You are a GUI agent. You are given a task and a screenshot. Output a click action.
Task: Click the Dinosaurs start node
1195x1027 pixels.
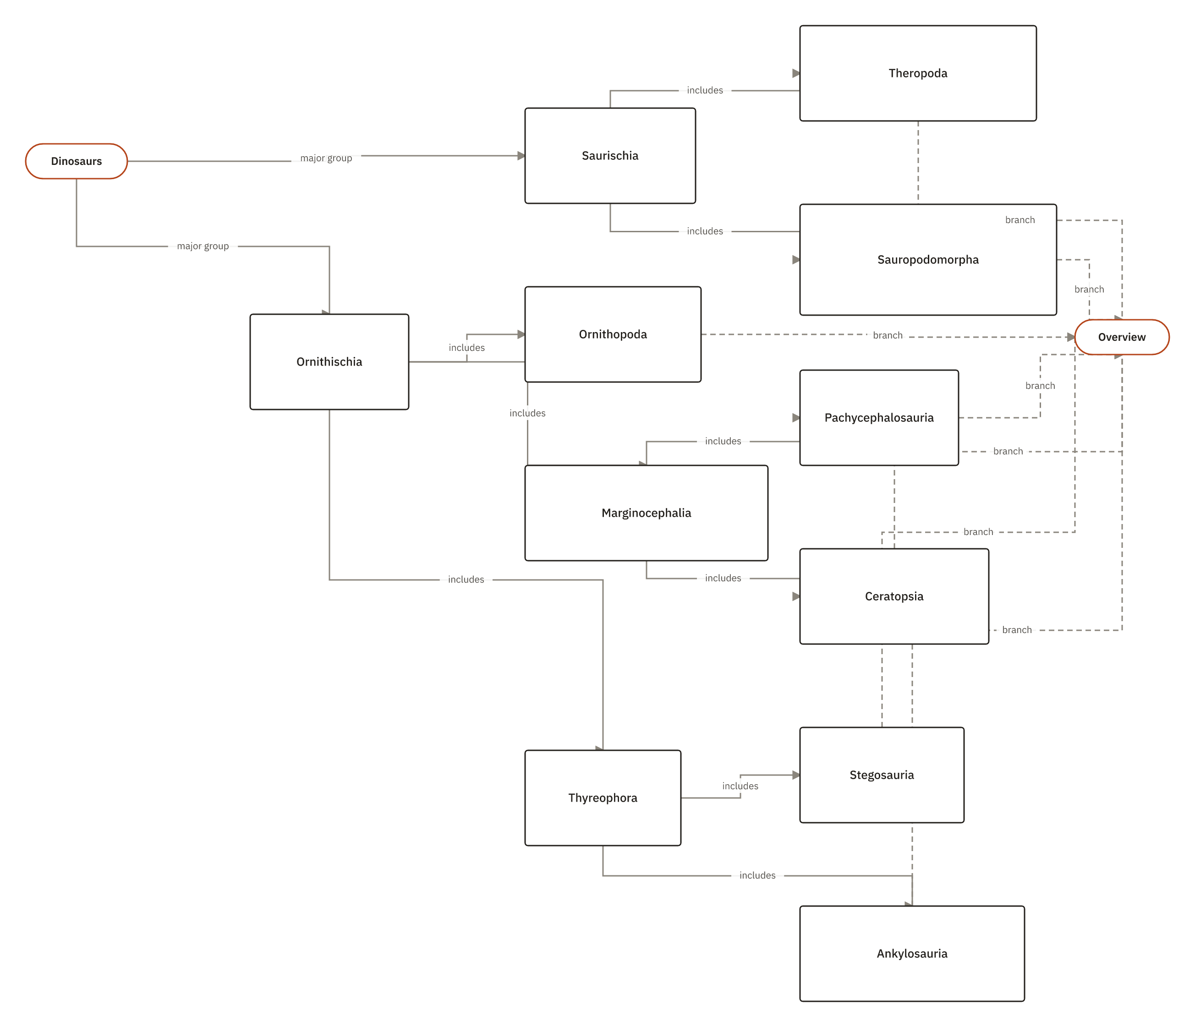click(76, 161)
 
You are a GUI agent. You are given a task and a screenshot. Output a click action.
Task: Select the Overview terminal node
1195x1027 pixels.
click(1122, 337)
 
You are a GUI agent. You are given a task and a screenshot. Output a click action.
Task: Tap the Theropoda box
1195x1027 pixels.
click(918, 73)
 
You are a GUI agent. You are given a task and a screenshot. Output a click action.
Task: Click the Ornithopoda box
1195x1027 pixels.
click(613, 334)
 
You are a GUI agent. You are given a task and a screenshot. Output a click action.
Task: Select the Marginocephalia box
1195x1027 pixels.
click(646, 513)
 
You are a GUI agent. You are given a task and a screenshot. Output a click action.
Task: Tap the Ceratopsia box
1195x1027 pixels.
click(894, 596)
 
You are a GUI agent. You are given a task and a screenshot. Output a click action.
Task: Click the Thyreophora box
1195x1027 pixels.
click(603, 798)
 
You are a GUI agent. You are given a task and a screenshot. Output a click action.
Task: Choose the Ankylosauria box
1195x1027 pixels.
click(912, 953)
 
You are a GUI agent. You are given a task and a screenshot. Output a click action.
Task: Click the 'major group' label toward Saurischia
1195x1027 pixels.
click(326, 158)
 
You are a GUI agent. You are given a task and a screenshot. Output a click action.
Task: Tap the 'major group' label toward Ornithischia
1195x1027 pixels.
click(203, 246)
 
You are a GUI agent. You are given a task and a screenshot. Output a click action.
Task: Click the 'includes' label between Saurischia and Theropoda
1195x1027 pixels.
click(705, 91)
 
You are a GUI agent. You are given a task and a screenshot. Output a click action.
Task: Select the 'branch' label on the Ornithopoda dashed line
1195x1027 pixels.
click(888, 336)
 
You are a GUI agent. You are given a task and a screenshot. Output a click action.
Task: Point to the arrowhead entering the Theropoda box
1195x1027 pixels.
click(796, 73)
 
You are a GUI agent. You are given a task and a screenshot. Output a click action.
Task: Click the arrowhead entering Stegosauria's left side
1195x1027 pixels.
click(796, 775)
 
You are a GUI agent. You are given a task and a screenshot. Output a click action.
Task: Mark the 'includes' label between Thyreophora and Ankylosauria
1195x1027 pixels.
click(757, 875)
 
